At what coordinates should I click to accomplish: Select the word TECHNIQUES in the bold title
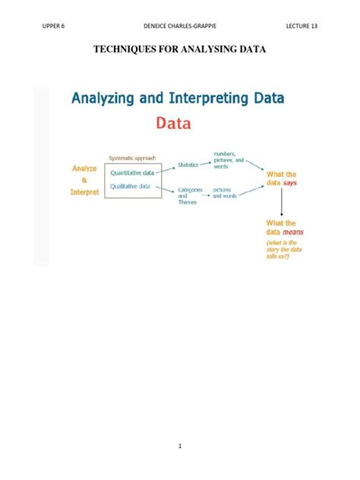127,50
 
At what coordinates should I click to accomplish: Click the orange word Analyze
84,169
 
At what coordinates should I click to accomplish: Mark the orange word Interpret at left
84,192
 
